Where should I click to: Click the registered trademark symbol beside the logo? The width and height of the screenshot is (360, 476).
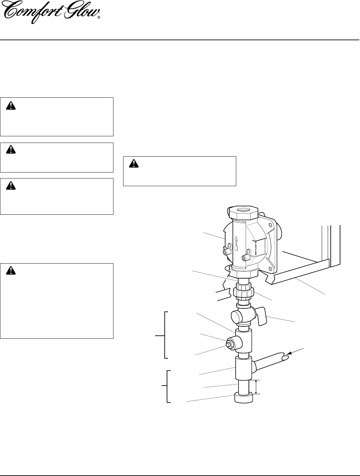click(99, 19)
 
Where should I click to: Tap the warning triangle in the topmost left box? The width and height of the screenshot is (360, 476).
click(11, 106)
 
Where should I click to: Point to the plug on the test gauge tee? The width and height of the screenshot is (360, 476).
click(230, 344)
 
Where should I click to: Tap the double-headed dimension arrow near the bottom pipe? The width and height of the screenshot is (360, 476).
click(256, 387)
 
